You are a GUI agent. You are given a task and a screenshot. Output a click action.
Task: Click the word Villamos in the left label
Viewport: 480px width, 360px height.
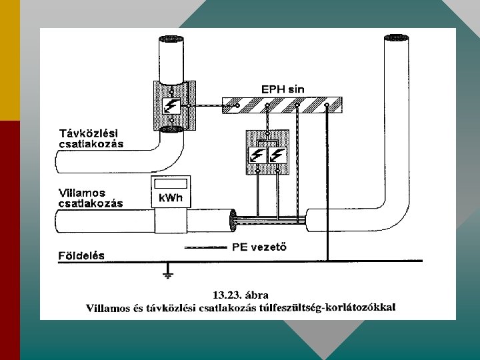pos(81,193)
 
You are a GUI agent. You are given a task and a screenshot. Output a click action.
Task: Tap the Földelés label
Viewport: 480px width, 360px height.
pos(79,255)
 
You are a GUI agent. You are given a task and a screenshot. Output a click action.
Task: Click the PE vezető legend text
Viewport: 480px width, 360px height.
pos(259,247)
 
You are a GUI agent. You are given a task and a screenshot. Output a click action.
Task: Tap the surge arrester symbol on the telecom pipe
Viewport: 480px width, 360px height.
pos(171,105)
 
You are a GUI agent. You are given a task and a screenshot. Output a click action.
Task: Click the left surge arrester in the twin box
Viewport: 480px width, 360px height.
pos(257,155)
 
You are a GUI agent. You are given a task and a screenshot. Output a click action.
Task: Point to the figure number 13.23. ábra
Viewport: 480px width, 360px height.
pos(241,294)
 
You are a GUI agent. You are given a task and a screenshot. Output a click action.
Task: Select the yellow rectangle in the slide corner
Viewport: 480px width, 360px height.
pos(10,60)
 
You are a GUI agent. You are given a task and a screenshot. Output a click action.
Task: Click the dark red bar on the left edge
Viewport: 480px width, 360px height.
pos(10,240)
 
